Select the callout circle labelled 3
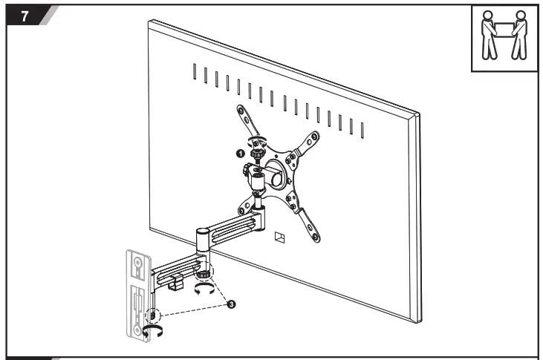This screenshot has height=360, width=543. (231, 304)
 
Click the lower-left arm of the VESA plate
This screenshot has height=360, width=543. (247, 201)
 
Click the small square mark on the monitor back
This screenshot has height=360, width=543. (279, 238)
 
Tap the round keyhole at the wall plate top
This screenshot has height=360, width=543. (137, 261)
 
